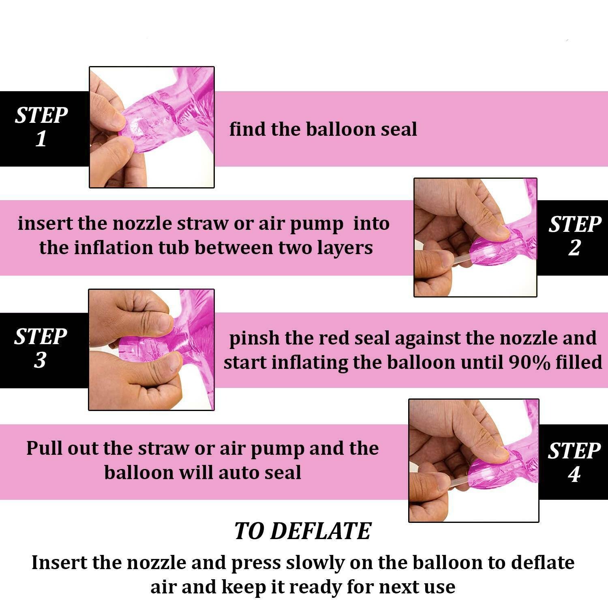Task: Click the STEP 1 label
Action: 41,127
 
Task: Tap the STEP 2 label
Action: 575,236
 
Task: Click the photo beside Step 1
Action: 152,127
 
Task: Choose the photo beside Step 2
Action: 475,238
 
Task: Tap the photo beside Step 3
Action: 151,350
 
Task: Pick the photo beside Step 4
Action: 473,460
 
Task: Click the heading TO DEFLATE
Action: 303,531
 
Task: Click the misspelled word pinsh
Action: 254,338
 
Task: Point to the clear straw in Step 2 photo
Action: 460,261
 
